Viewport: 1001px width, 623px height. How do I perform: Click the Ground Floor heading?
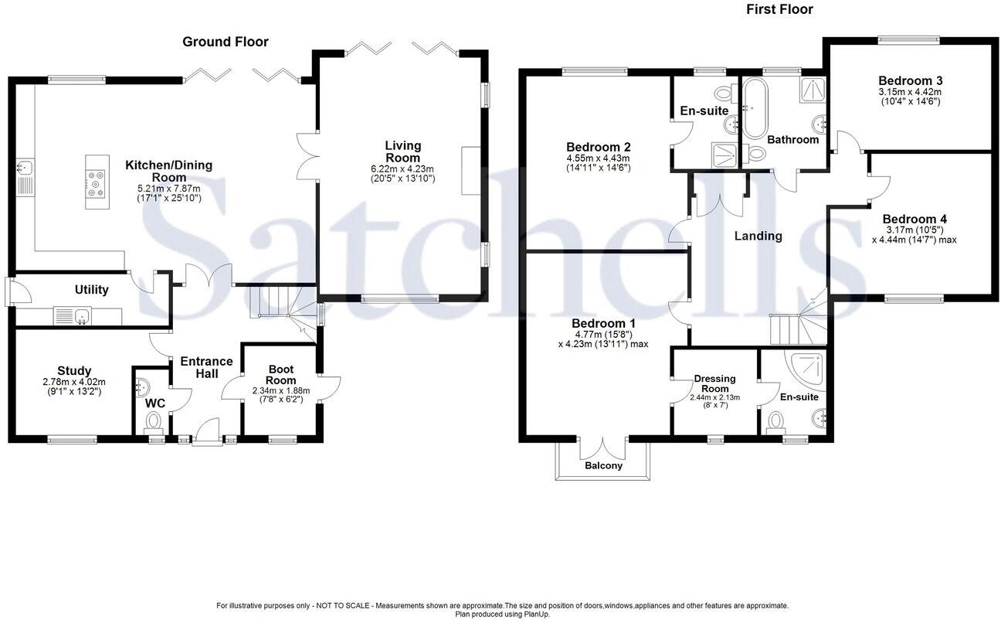pyautogui.click(x=225, y=42)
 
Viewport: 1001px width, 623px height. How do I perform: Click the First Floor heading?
pyautogui.click(x=779, y=9)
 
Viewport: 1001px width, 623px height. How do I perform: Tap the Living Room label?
pyautogui.click(x=402, y=151)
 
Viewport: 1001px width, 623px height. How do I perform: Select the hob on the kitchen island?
pyautogui.click(x=96, y=184)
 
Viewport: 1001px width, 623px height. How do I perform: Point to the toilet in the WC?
pyautogui.click(x=153, y=422)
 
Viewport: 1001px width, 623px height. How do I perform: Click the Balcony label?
pyautogui.click(x=603, y=466)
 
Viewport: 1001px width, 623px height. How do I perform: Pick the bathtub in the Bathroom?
pyautogui.click(x=752, y=108)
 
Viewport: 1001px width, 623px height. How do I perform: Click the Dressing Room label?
pyautogui.click(x=714, y=383)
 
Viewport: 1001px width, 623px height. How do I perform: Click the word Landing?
pyautogui.click(x=758, y=237)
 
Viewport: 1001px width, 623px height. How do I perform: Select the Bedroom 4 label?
pyautogui.click(x=914, y=219)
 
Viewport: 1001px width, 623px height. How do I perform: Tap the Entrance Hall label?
pyautogui.click(x=206, y=367)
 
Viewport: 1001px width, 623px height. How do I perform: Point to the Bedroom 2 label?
pyautogui.click(x=599, y=147)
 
